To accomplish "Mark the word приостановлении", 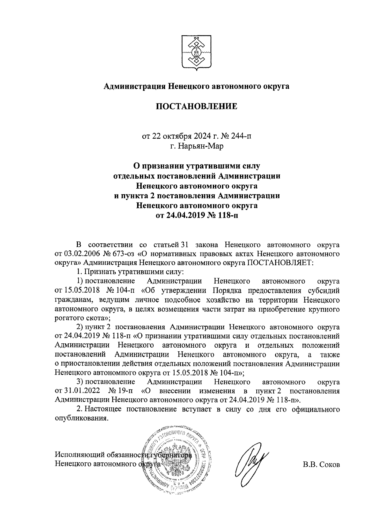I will pos(91,364).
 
